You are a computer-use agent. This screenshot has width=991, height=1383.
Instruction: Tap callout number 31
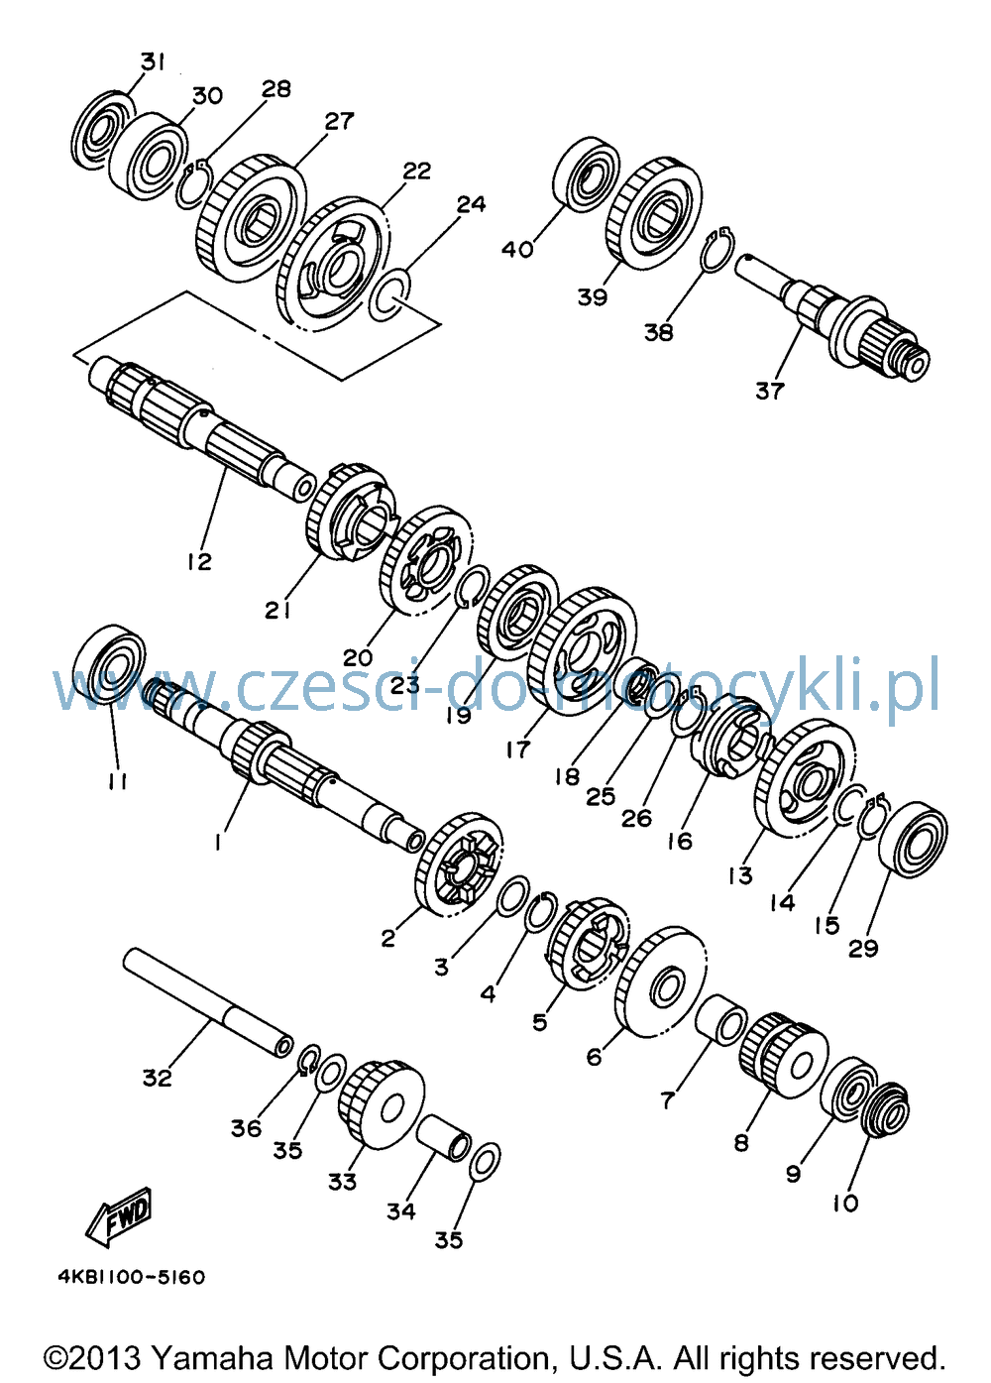(152, 62)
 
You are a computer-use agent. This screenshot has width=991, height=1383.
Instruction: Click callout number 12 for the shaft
(199, 561)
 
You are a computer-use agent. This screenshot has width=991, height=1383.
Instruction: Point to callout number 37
(769, 391)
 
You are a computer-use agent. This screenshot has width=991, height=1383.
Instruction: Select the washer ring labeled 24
(388, 295)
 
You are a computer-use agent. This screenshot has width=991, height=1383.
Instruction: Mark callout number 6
(594, 1057)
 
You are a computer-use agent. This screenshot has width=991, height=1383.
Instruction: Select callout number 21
(277, 611)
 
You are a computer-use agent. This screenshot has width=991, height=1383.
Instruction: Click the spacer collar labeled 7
(720, 1019)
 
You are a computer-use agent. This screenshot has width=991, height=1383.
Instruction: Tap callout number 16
(680, 841)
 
